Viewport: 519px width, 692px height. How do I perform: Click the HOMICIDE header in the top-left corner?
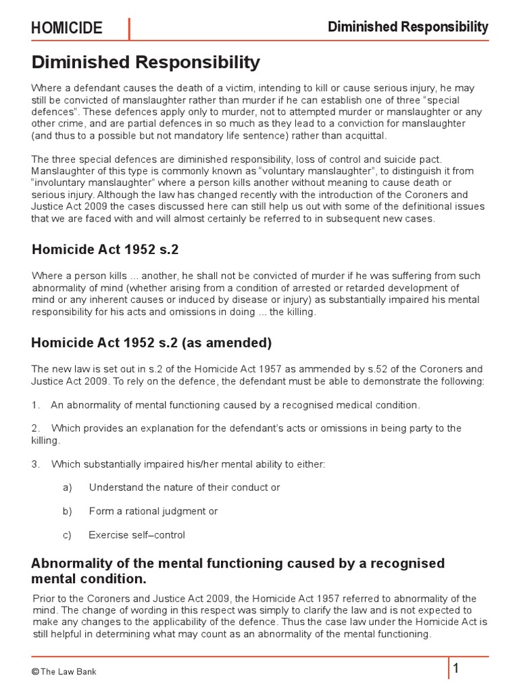[x=66, y=28]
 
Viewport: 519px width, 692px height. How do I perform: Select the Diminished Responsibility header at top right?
[x=407, y=27]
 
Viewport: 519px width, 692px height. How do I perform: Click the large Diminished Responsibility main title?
[x=145, y=63]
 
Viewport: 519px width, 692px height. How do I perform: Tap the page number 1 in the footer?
[x=456, y=669]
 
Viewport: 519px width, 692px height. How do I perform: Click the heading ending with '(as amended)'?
[x=151, y=343]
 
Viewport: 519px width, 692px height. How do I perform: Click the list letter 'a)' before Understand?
[x=67, y=487]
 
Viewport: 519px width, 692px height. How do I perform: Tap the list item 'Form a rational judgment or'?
[x=153, y=511]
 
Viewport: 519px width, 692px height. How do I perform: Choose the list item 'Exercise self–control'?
[x=137, y=535]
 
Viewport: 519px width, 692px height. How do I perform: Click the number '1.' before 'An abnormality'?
[x=36, y=405]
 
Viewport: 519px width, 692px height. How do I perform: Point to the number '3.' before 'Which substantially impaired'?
[x=36, y=464]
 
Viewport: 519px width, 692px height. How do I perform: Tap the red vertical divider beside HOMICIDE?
[x=129, y=28]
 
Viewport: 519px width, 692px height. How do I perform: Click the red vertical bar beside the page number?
[x=447, y=668]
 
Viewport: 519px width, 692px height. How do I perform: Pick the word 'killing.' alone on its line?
[x=46, y=440]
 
